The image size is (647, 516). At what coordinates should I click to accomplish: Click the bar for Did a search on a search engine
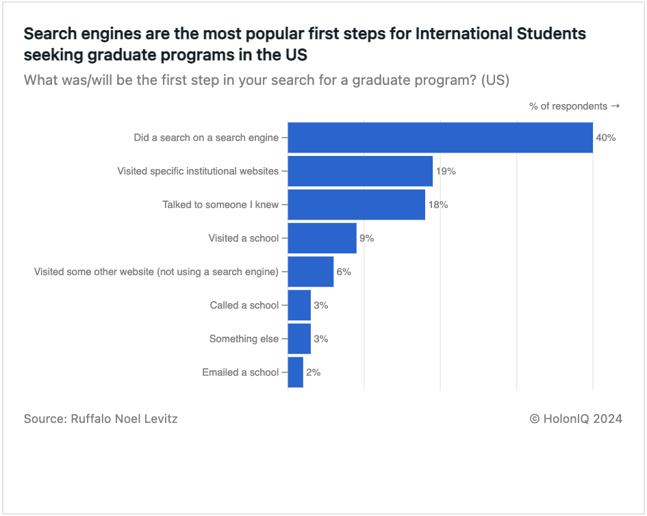coord(440,138)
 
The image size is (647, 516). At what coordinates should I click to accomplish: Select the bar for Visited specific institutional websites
coord(360,171)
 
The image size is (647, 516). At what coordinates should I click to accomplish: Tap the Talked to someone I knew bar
coord(357,205)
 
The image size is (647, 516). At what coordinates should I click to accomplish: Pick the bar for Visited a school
coord(322,238)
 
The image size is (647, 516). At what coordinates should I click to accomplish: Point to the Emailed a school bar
coord(296,372)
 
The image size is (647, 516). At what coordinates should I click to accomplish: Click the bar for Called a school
coord(300,305)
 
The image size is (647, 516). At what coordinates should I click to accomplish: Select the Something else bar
coord(300,339)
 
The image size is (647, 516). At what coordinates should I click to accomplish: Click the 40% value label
coord(606,138)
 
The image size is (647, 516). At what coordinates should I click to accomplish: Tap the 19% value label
coord(446,171)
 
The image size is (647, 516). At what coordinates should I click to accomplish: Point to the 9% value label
coord(367,238)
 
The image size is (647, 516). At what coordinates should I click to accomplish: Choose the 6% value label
coord(344,272)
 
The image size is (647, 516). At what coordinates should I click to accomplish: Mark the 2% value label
coord(314,372)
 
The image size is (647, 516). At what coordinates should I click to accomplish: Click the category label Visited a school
coord(244,238)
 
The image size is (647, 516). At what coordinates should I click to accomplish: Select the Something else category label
coord(244,339)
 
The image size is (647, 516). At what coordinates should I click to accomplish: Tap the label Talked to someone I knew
coord(220,205)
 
